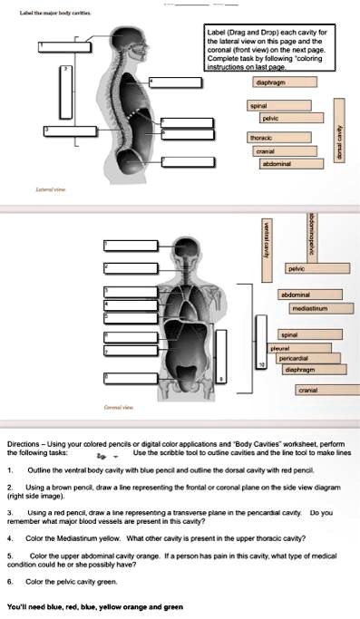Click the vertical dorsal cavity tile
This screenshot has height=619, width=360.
340,142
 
